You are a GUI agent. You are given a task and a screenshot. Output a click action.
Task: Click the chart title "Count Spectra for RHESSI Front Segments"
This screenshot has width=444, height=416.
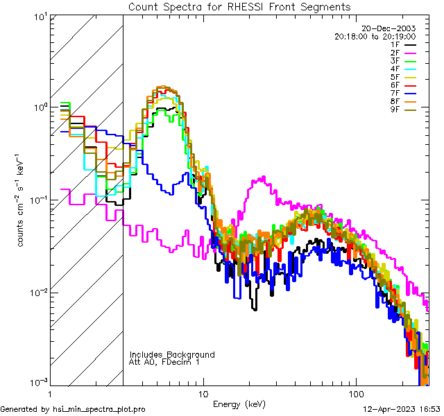coord(239,6)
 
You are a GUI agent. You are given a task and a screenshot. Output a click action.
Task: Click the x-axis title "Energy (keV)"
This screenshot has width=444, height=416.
coord(239,404)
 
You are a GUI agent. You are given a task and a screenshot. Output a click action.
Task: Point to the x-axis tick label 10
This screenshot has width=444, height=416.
coord(203,392)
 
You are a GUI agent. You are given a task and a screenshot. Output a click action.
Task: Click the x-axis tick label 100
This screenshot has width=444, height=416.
coord(355,392)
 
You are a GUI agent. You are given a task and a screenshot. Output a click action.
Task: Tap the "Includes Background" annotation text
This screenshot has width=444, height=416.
coord(172,354)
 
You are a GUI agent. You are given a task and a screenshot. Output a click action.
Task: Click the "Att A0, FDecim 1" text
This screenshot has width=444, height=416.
coord(165,362)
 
